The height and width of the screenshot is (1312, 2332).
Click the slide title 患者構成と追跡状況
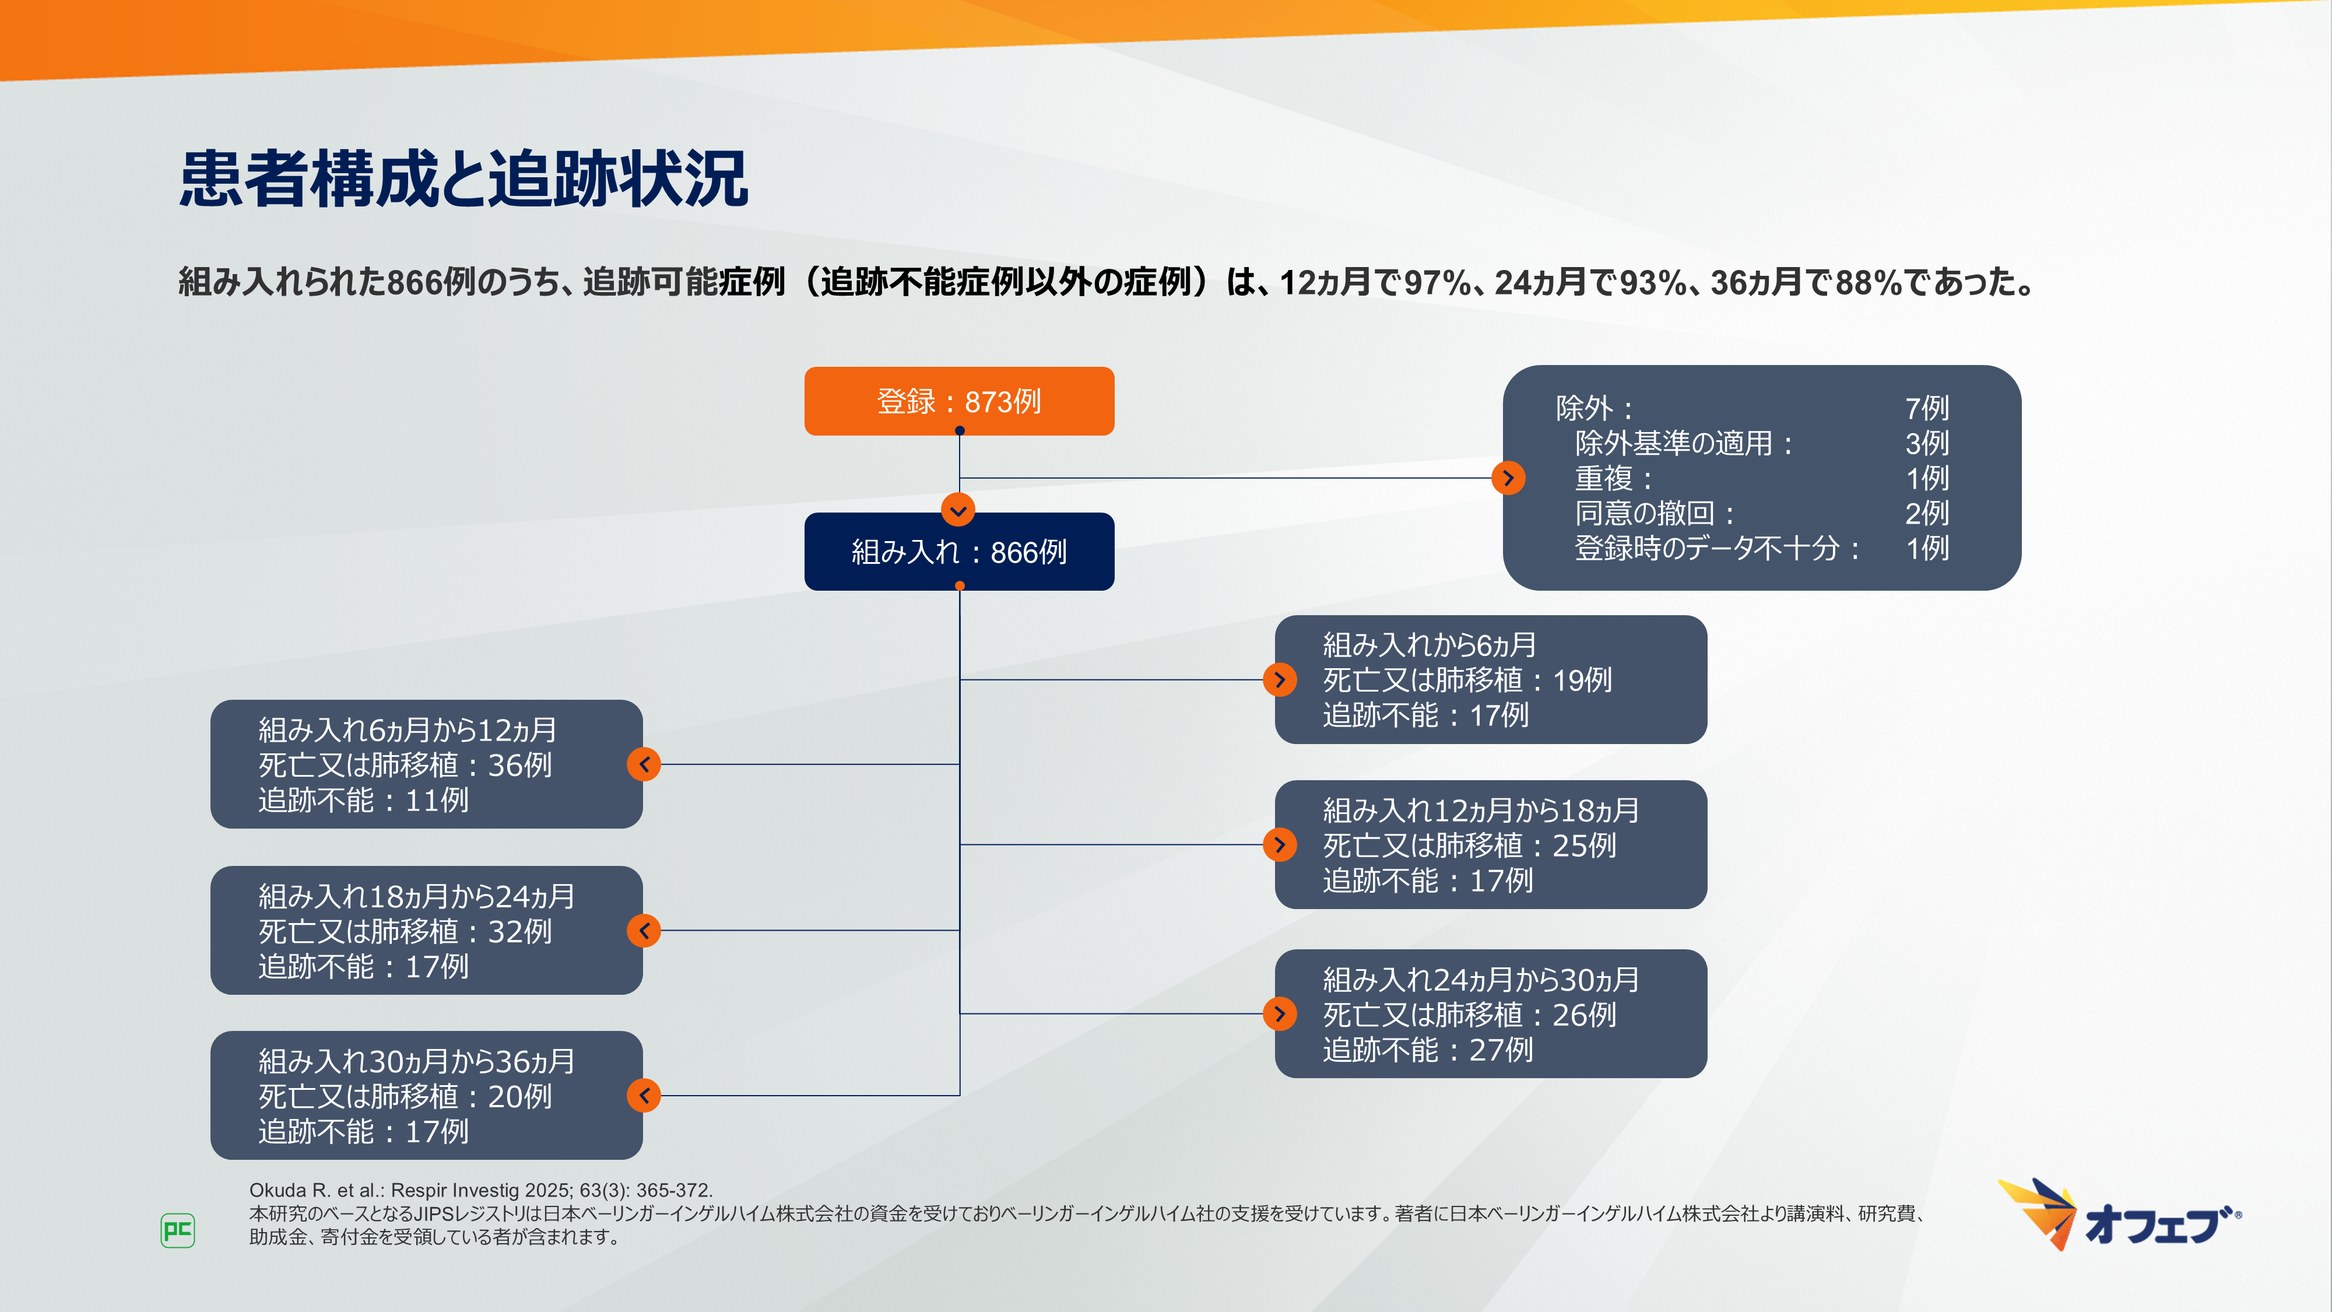click(463, 179)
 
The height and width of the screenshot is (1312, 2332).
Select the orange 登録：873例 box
click(958, 401)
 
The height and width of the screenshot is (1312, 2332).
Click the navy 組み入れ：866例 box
click(958, 552)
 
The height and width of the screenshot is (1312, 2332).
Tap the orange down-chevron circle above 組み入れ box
click(958, 510)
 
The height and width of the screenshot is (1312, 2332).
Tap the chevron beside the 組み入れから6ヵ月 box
click(1279, 679)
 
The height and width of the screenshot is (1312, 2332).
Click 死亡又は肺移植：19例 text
click(1467, 680)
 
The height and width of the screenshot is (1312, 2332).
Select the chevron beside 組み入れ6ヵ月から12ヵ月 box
click(644, 764)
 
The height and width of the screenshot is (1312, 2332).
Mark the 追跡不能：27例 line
click(1428, 1050)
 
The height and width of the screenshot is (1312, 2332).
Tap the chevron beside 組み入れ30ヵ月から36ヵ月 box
click(644, 1096)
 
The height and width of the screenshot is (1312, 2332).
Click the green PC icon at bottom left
click(177, 1230)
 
